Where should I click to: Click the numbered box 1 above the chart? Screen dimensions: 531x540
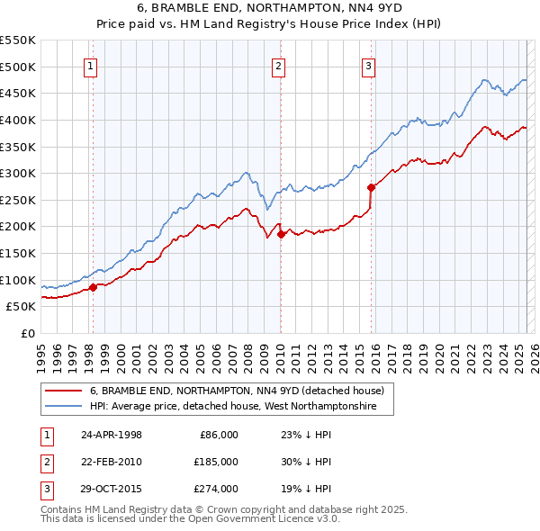[x=92, y=65]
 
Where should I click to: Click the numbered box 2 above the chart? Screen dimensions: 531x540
[x=279, y=65]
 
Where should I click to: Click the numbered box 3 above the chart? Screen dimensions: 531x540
[x=369, y=65]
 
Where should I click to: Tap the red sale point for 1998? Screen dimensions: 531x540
[x=93, y=288]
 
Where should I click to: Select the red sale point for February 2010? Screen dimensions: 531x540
[x=280, y=234]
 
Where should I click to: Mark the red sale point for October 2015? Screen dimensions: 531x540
[x=371, y=187]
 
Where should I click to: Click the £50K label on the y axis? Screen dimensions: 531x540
[x=22, y=307]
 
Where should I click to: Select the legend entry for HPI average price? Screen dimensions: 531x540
[x=240, y=407]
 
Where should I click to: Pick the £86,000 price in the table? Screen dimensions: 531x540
[x=217, y=435]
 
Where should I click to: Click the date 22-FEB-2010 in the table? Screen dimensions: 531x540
[x=111, y=462]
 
